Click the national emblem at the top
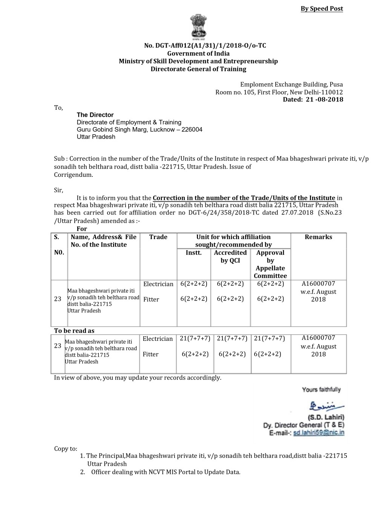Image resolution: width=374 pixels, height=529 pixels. point(198,27)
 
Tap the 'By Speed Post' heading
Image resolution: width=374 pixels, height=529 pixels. point(322,9)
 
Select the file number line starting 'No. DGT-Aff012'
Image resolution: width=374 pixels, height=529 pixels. point(205,46)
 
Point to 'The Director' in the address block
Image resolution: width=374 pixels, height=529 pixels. point(95,115)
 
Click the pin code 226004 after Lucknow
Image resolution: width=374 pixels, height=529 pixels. point(192,130)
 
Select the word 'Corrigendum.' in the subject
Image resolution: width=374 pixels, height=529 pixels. point(74,175)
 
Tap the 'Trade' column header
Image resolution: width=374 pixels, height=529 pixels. point(158,237)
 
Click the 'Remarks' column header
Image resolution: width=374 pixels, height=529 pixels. point(319,237)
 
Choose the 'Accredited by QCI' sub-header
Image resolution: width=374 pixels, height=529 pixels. point(230,256)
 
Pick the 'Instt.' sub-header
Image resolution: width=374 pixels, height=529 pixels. point(194,253)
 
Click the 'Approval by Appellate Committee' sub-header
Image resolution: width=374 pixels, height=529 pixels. point(270,264)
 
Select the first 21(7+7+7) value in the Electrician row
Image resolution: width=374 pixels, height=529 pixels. point(195,339)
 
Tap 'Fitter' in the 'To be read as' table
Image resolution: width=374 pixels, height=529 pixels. point(150,354)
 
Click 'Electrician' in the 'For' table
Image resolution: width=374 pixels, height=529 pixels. point(158,284)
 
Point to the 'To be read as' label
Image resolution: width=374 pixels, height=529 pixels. point(74,331)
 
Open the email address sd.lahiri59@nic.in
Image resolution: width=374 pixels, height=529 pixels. point(319,433)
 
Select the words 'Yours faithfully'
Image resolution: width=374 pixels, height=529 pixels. point(321,389)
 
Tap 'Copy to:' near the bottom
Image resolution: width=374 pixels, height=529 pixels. point(66,449)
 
